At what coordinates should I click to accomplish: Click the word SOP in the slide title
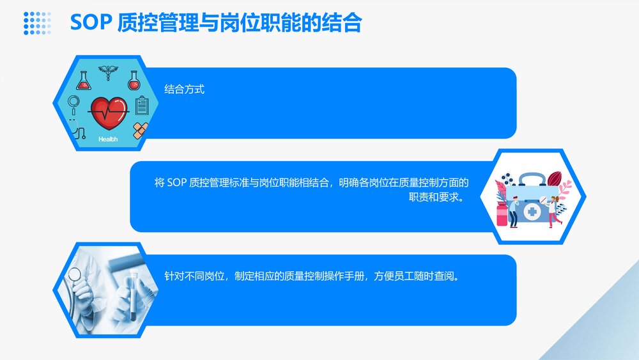point(91,23)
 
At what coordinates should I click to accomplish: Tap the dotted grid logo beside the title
point(37,22)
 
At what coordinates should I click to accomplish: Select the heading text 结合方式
point(184,90)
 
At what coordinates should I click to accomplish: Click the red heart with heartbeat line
point(108,111)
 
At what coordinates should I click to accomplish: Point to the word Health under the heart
point(108,139)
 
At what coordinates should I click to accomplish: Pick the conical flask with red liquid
point(84,81)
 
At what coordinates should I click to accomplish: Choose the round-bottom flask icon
point(134,81)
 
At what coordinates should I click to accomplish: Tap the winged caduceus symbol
point(108,74)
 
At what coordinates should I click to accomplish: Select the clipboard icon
point(142,105)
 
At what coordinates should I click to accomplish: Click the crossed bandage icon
point(141,130)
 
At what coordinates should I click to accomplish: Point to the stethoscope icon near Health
point(77,130)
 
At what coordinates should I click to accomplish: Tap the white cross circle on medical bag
point(532,211)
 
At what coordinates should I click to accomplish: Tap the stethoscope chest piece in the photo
point(75,276)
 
